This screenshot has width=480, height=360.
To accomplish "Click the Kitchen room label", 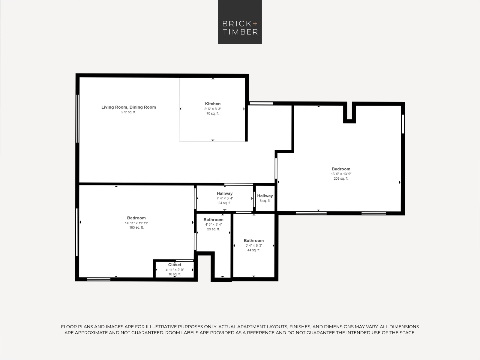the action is [213, 104].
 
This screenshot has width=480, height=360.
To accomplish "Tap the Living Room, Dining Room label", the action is [129, 107].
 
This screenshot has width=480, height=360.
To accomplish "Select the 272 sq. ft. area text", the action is [129, 112].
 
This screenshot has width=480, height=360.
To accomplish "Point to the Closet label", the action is [175, 265].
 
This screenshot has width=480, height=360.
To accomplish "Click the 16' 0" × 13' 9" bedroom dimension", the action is [341, 174].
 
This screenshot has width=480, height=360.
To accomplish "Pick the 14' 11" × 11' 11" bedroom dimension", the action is [136, 223].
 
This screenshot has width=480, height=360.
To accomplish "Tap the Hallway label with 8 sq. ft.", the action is [265, 196].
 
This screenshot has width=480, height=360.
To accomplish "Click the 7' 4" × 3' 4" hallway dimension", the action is [225, 198].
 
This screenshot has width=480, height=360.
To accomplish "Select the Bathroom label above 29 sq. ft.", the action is [213, 220].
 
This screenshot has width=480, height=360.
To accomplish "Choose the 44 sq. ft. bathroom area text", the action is [254, 250].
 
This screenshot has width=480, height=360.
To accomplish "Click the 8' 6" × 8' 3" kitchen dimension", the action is [213, 109].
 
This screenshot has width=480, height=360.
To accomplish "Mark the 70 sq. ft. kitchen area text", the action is [213, 113].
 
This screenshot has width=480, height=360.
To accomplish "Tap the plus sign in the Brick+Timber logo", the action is [255, 23].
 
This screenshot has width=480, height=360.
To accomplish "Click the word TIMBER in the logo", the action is [240, 32].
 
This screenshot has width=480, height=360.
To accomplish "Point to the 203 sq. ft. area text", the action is [341, 178].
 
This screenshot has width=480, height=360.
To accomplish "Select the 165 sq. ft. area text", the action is [136, 227].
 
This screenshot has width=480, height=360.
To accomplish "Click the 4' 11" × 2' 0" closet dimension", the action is [175, 270].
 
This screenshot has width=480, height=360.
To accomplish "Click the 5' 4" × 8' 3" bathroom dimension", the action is [254, 245].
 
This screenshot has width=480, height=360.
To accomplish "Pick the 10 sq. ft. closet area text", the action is [175, 274].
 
